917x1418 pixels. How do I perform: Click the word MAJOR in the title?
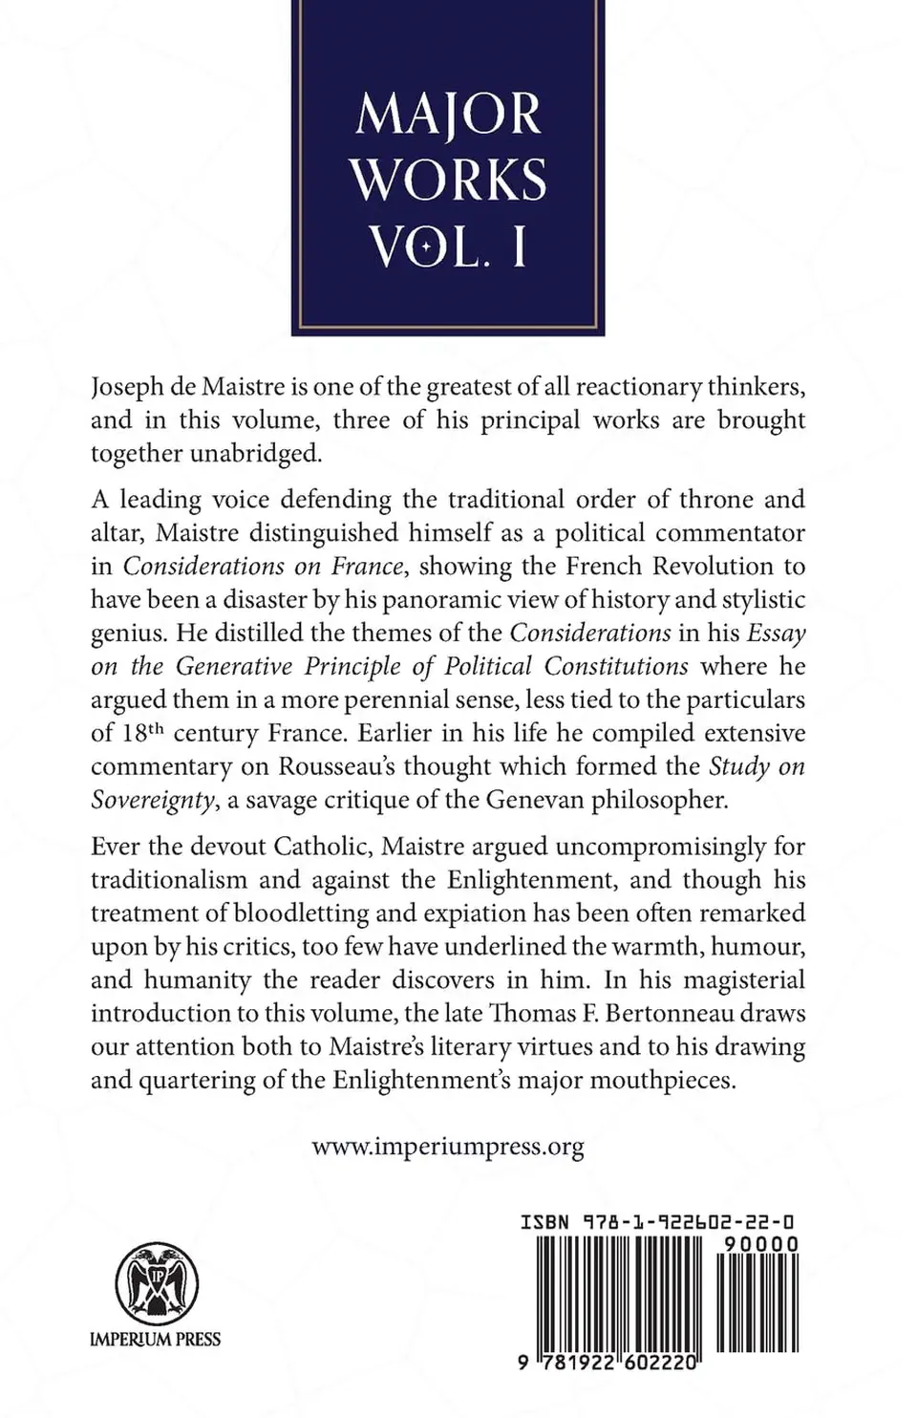(x=448, y=115)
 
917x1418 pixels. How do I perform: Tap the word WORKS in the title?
(x=448, y=180)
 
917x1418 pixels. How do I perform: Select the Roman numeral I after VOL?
(x=518, y=246)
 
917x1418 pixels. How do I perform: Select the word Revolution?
(x=714, y=566)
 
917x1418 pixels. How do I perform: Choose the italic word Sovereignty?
(x=152, y=800)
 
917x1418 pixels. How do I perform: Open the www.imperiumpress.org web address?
(x=448, y=1147)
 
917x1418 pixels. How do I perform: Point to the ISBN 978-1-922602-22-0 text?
(x=659, y=1222)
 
